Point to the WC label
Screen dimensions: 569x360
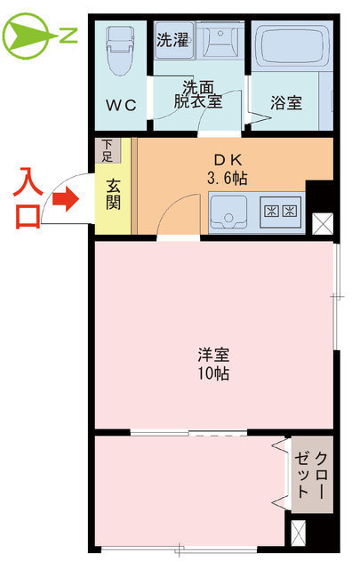pyautogui.click(x=121, y=105)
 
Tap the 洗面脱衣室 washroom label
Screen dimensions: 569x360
pyautogui.click(x=198, y=94)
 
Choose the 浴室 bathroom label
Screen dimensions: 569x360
pyautogui.click(x=286, y=103)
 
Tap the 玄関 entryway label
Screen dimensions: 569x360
pyautogui.click(x=114, y=196)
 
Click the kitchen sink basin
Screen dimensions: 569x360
pyautogui.click(x=230, y=212)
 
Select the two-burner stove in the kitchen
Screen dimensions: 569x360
pyautogui.click(x=282, y=212)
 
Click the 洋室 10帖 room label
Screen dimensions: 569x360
pyautogui.click(x=213, y=363)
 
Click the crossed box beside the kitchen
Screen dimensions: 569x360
pyautogui.click(x=322, y=223)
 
